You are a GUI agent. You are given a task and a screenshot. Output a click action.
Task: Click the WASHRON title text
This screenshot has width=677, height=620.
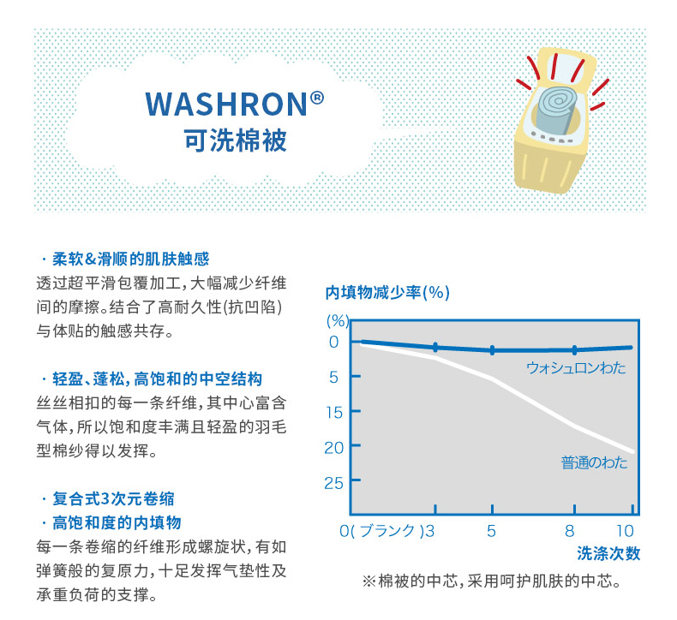[x=227, y=104]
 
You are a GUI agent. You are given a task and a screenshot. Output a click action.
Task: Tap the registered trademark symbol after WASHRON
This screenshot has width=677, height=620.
[x=317, y=98]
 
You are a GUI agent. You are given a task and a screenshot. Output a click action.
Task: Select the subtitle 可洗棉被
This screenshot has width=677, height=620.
[x=236, y=140]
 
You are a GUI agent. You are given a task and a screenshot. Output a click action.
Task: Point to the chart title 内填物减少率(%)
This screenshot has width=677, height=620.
[x=387, y=293]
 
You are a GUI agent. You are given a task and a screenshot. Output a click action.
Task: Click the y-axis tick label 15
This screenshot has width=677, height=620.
[x=334, y=413]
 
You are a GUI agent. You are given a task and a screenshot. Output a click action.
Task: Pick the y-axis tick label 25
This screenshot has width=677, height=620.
[x=334, y=483]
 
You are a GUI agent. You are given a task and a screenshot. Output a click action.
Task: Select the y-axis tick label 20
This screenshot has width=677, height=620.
[x=334, y=448]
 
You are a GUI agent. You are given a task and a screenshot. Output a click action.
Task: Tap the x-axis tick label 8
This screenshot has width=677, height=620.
[x=570, y=531]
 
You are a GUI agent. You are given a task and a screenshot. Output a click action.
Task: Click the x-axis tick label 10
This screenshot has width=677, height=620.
[x=625, y=531]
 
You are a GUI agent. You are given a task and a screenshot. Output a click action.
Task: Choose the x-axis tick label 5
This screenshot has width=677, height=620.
[x=491, y=531]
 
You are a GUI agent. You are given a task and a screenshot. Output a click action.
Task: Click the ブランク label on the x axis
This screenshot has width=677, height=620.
[x=386, y=531]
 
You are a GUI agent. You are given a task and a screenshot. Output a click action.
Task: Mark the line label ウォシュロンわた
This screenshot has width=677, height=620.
[x=576, y=368]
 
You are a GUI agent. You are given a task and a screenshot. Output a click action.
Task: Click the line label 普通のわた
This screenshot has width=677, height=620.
[x=594, y=462]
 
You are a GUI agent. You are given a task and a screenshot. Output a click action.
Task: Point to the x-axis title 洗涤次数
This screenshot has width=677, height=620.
[x=608, y=553]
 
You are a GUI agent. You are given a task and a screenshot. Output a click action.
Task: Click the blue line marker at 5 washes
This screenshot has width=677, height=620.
[x=492, y=350]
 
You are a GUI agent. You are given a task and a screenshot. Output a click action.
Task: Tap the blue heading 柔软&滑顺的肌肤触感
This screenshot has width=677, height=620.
[x=131, y=259]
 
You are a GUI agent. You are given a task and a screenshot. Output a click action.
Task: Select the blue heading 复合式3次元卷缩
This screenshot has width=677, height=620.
[x=114, y=498]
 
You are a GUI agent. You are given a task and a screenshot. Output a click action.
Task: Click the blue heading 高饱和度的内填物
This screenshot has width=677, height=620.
[x=117, y=523]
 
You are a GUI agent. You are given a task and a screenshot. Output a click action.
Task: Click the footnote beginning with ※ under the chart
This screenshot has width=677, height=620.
[x=492, y=581]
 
